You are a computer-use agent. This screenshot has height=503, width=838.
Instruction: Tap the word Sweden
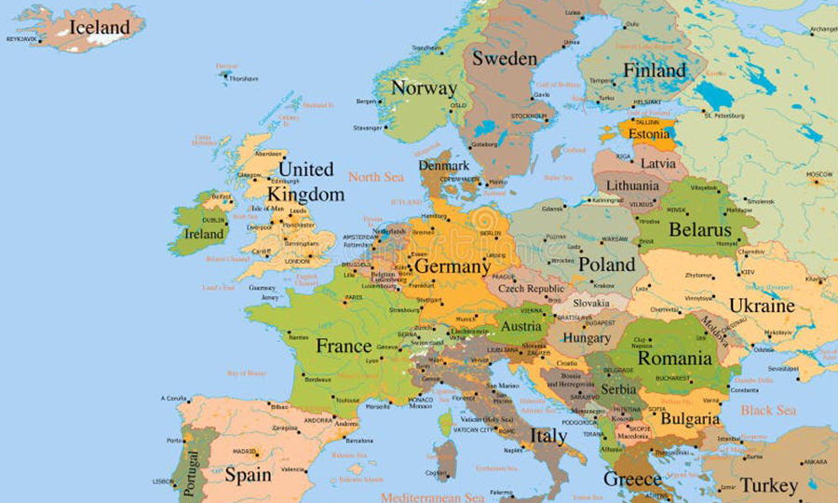[x=504, y=58]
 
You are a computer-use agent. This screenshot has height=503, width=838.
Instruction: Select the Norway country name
[x=424, y=88]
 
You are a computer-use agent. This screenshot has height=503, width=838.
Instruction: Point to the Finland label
[x=654, y=70]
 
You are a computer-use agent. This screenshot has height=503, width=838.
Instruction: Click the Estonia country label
[x=649, y=134]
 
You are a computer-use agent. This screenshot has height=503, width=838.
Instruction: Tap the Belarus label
[x=701, y=228]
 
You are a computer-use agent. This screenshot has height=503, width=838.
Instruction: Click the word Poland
[x=606, y=264]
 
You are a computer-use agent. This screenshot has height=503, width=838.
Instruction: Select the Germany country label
[x=452, y=266]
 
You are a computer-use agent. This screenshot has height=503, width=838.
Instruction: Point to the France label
[x=344, y=346]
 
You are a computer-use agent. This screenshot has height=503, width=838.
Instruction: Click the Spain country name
[x=248, y=474]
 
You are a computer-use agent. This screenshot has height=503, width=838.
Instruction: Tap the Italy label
[x=547, y=435]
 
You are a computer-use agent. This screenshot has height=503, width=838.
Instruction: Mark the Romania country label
[x=674, y=358]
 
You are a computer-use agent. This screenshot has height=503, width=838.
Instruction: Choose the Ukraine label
[x=762, y=306]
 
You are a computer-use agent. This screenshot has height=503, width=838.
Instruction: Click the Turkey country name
[x=769, y=485]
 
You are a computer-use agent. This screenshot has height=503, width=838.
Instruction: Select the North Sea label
[x=376, y=176]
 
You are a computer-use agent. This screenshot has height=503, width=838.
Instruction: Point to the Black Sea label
[x=768, y=410]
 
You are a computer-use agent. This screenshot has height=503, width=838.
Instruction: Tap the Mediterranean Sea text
[x=433, y=497]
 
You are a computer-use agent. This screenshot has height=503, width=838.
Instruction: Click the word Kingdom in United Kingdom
[x=304, y=195]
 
